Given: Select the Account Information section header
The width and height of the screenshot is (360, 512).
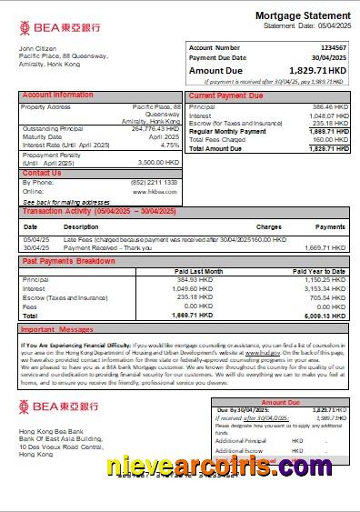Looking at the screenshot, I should [57, 95].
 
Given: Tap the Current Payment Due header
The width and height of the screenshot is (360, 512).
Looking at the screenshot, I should [225, 95].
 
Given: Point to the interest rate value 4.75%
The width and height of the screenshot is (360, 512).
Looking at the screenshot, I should [169, 145].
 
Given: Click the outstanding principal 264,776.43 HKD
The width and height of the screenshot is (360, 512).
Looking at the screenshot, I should [155, 128].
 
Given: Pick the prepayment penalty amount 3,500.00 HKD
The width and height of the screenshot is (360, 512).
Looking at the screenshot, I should [157, 162].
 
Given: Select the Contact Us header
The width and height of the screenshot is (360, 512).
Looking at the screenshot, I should [42, 173].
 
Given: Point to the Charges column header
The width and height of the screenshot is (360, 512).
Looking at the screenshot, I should [268, 226].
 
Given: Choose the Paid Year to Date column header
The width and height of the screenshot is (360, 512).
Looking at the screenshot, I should [318, 272].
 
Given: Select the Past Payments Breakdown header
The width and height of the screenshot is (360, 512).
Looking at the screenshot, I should [68, 261].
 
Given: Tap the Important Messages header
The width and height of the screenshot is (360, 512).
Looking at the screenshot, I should [56, 329].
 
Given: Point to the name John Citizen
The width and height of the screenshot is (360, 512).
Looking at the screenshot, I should [38, 48].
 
